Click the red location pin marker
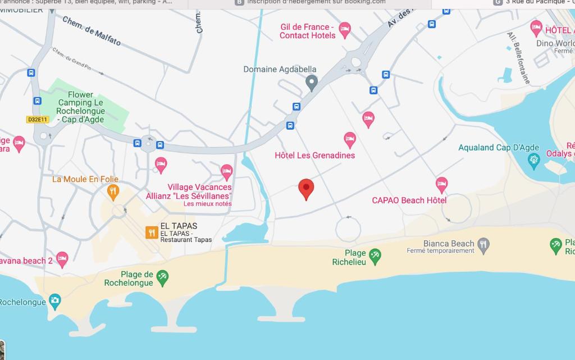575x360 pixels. [305, 189]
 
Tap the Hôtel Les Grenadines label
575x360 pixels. [314, 155]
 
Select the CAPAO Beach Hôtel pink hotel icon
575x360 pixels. [442, 184]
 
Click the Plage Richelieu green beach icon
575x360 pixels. [375, 256]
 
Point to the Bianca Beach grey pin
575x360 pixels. [483, 244]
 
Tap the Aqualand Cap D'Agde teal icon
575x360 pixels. [534, 160]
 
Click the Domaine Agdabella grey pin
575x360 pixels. [312, 83]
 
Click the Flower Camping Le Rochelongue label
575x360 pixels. [80, 107]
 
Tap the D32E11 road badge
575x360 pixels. [38, 119]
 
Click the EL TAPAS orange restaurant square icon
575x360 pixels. [152, 232]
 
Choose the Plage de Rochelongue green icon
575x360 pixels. [162, 277]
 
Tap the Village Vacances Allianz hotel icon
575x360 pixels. [226, 171]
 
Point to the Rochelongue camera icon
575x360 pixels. [54, 301]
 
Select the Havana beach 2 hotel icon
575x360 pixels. [62, 259]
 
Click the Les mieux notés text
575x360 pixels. [207, 203]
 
